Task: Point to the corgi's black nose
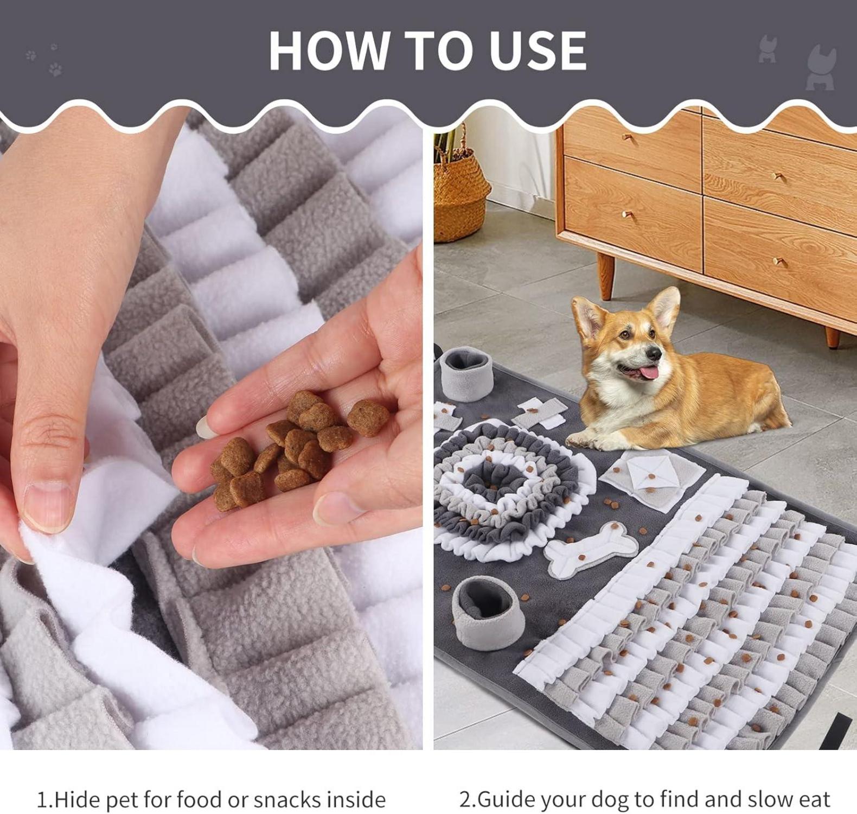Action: point(656,353)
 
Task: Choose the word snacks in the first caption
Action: point(287,799)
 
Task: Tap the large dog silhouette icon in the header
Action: point(820,68)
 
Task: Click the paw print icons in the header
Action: point(44,60)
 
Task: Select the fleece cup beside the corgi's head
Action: point(466,374)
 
